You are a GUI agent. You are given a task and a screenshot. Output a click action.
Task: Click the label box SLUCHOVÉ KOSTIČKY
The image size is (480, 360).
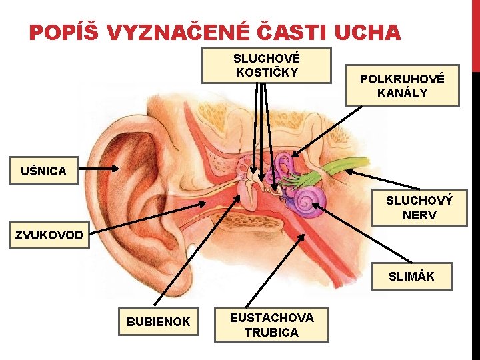click(266, 65)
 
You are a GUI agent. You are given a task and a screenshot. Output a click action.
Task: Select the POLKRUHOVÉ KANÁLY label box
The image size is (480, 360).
click(401, 86)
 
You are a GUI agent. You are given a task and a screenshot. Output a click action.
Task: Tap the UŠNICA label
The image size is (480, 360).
click(43, 171)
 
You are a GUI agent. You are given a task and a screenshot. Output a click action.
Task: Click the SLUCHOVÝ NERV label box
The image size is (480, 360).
click(419, 207)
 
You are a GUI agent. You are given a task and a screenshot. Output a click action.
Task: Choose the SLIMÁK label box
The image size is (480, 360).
click(411, 276)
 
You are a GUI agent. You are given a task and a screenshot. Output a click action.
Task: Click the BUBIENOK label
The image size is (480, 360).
click(158, 321)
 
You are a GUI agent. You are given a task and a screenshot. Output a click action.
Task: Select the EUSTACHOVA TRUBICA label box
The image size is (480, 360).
click(271, 325)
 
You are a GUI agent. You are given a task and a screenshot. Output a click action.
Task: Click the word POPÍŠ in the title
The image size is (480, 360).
click(63, 31)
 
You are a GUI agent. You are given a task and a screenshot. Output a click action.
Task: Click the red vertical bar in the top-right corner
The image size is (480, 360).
click(475, 33)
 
